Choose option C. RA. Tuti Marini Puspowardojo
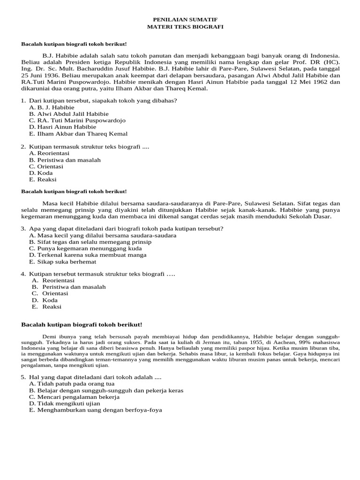77,120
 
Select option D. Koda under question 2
41,172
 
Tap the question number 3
23,228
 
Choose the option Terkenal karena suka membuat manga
88,255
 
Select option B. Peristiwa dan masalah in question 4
69,286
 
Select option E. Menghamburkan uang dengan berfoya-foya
95,410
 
